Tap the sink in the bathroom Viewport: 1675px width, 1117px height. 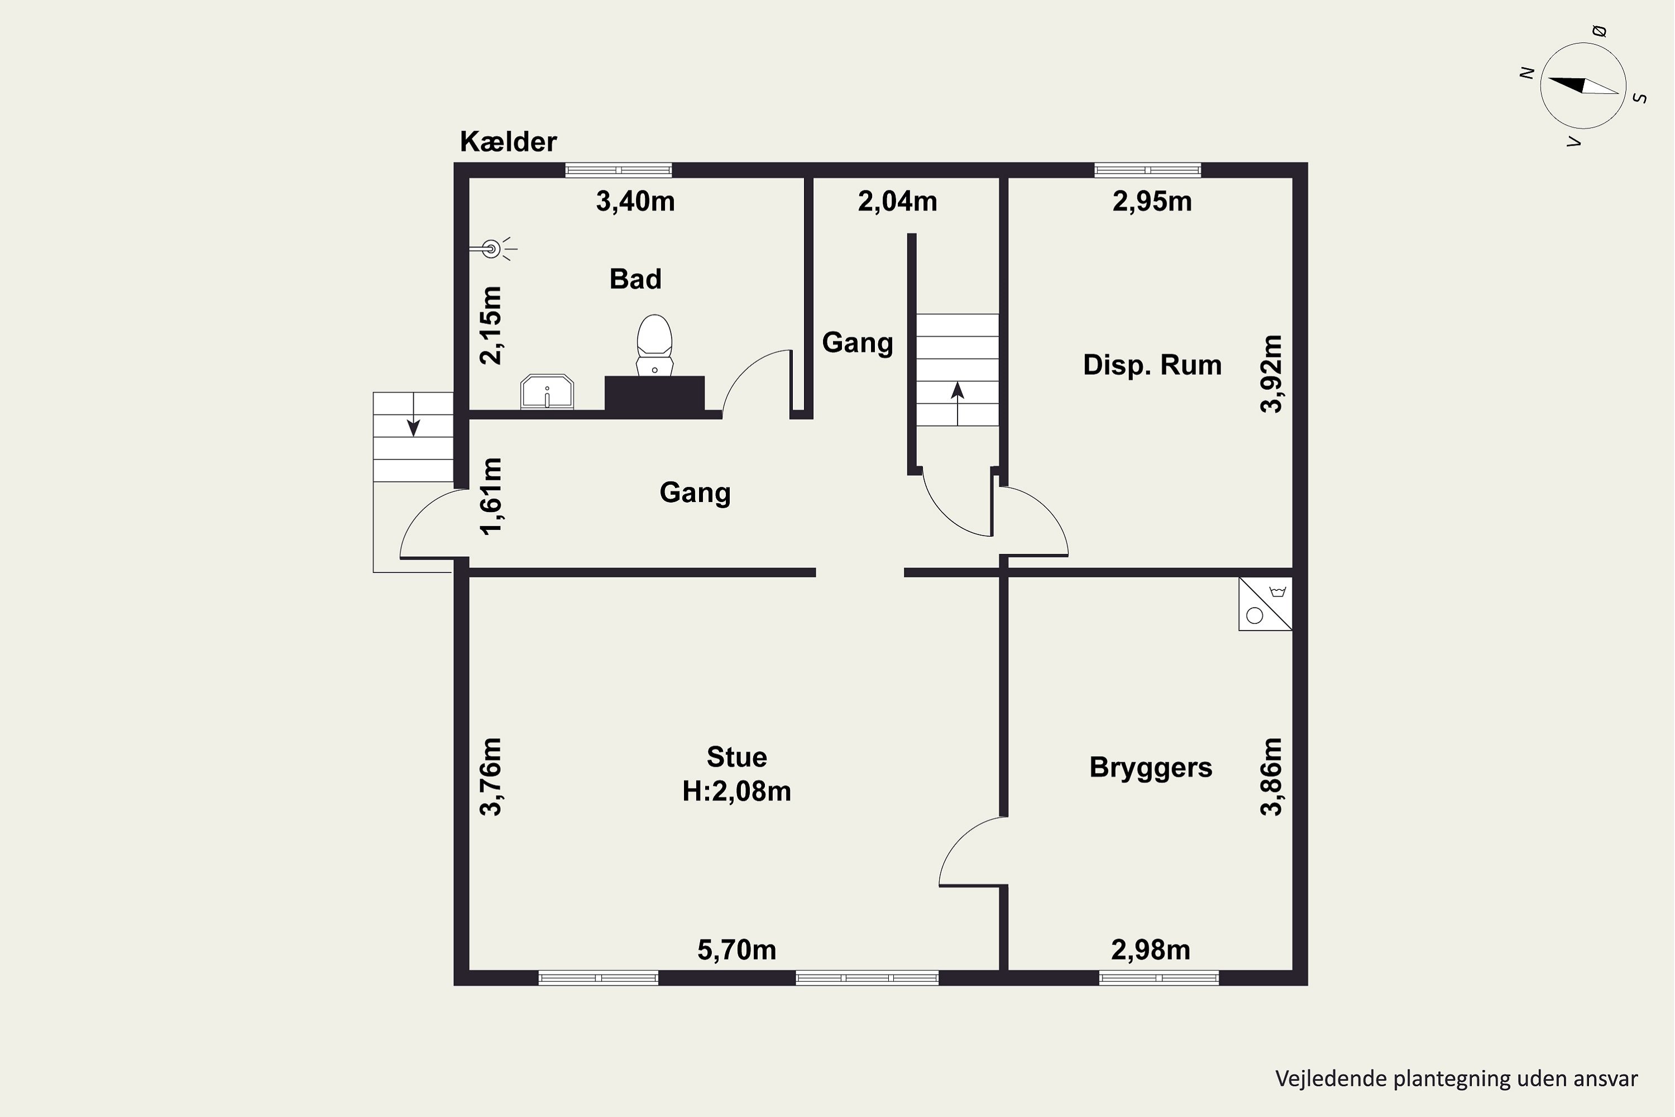pyautogui.click(x=547, y=392)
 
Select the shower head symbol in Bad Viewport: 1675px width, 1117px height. pyautogui.click(x=491, y=249)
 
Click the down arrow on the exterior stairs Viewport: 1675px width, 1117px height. pyautogui.click(x=413, y=427)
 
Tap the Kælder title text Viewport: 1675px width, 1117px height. pyautogui.click(x=508, y=142)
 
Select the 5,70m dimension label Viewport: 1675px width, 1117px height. pyautogui.click(x=736, y=949)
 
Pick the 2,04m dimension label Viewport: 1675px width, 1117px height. pyautogui.click(x=897, y=202)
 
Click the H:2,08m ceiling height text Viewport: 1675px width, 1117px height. pyautogui.click(x=736, y=791)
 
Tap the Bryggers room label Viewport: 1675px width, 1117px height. pyautogui.click(x=1150, y=767)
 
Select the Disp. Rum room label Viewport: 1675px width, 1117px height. pyautogui.click(x=1151, y=365)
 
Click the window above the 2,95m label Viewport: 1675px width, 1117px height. pyautogui.click(x=1147, y=170)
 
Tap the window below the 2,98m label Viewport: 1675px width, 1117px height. pyautogui.click(x=1159, y=978)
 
